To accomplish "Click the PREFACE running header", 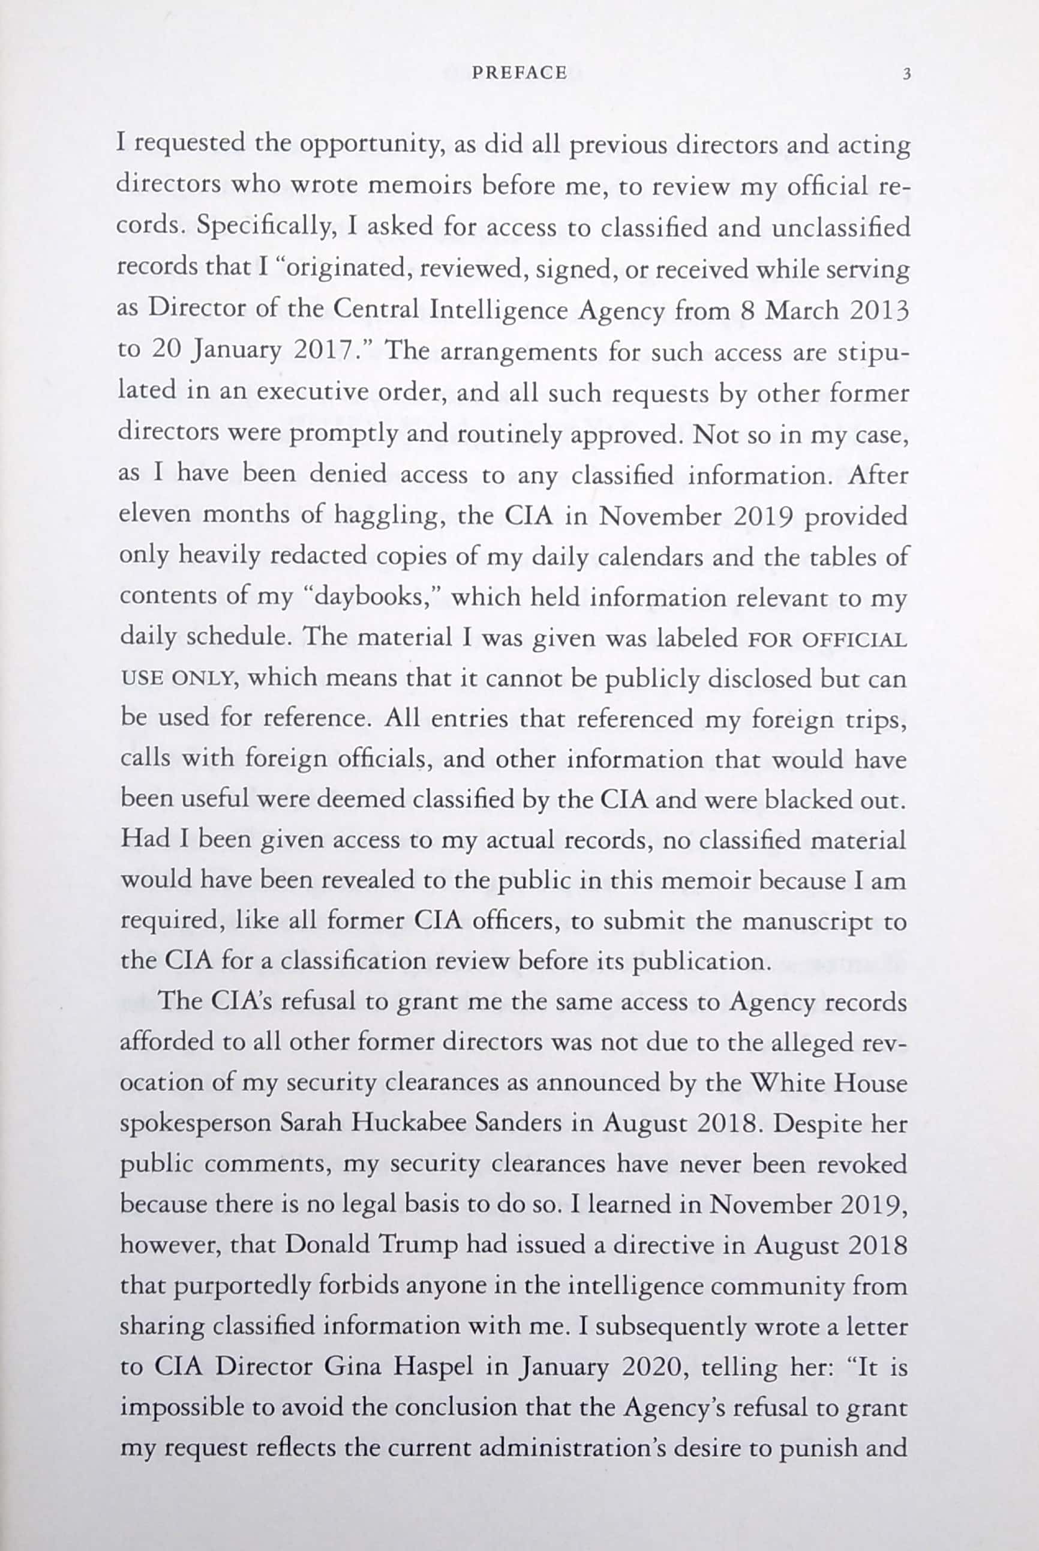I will (x=519, y=73).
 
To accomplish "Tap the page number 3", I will (x=906, y=74).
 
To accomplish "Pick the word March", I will (x=802, y=310).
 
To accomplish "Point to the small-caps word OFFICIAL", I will (x=854, y=640).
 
